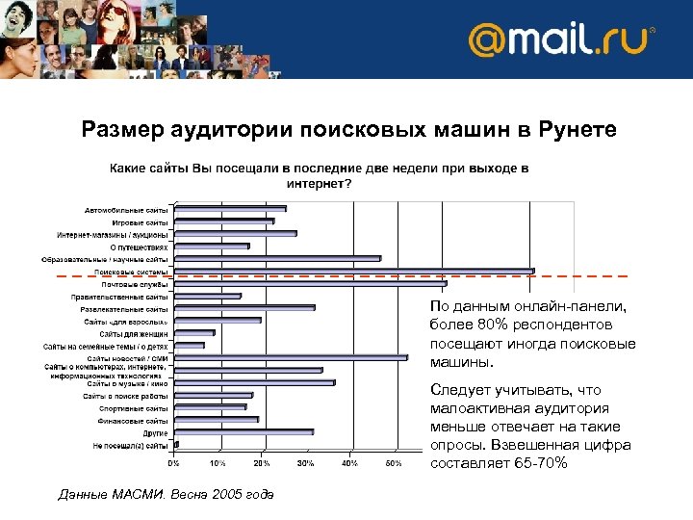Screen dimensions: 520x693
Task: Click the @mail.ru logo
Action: click(x=561, y=40)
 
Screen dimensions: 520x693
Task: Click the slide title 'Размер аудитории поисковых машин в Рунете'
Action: click(x=349, y=127)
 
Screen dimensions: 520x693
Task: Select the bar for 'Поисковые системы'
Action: click(x=353, y=272)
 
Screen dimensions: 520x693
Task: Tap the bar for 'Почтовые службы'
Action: click(x=310, y=283)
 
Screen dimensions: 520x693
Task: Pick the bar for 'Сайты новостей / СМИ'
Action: click(x=291, y=358)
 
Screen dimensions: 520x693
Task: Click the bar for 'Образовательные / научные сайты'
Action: click(x=277, y=258)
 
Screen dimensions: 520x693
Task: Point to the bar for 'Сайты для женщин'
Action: click(x=194, y=333)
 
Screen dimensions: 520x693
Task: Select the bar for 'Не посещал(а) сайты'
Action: click(x=176, y=445)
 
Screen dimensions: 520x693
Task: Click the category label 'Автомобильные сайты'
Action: click(x=126, y=209)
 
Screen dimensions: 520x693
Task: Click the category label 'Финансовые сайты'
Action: click(x=133, y=421)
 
